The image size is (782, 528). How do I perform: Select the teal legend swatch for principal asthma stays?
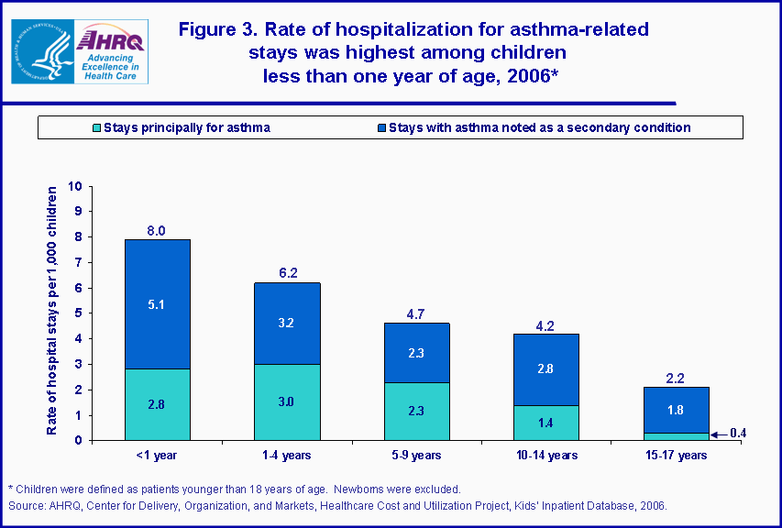click(95, 127)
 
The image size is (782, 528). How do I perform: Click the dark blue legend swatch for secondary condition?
click(380, 127)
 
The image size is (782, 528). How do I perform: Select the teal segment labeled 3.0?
click(288, 401)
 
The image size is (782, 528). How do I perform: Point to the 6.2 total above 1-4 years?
click(288, 273)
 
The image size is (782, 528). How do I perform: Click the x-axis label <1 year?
click(157, 455)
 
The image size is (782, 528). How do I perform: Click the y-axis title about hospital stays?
click(53, 312)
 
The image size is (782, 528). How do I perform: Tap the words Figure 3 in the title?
click(219, 29)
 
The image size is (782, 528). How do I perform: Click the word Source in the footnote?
click(27, 505)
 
